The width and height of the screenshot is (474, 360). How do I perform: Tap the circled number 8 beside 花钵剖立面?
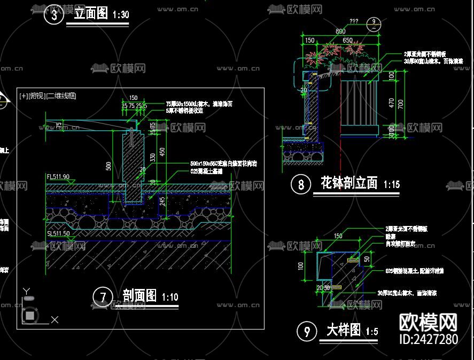[x=301, y=184]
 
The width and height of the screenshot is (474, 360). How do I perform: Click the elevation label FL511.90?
[x=58, y=176]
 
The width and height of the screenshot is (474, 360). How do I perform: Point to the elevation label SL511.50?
[x=58, y=234]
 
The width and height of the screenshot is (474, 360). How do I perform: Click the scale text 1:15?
[x=392, y=184]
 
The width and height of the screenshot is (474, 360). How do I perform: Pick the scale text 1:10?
[x=170, y=297]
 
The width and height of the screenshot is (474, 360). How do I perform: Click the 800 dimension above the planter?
[x=340, y=32]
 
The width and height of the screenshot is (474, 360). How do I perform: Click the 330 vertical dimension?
[x=153, y=158]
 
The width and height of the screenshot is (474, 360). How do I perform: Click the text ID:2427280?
[x=429, y=339]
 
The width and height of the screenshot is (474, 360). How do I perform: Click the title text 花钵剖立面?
[x=349, y=183]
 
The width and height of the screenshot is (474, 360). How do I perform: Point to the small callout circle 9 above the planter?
[x=375, y=22]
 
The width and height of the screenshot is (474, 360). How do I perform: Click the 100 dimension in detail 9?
[x=301, y=265]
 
